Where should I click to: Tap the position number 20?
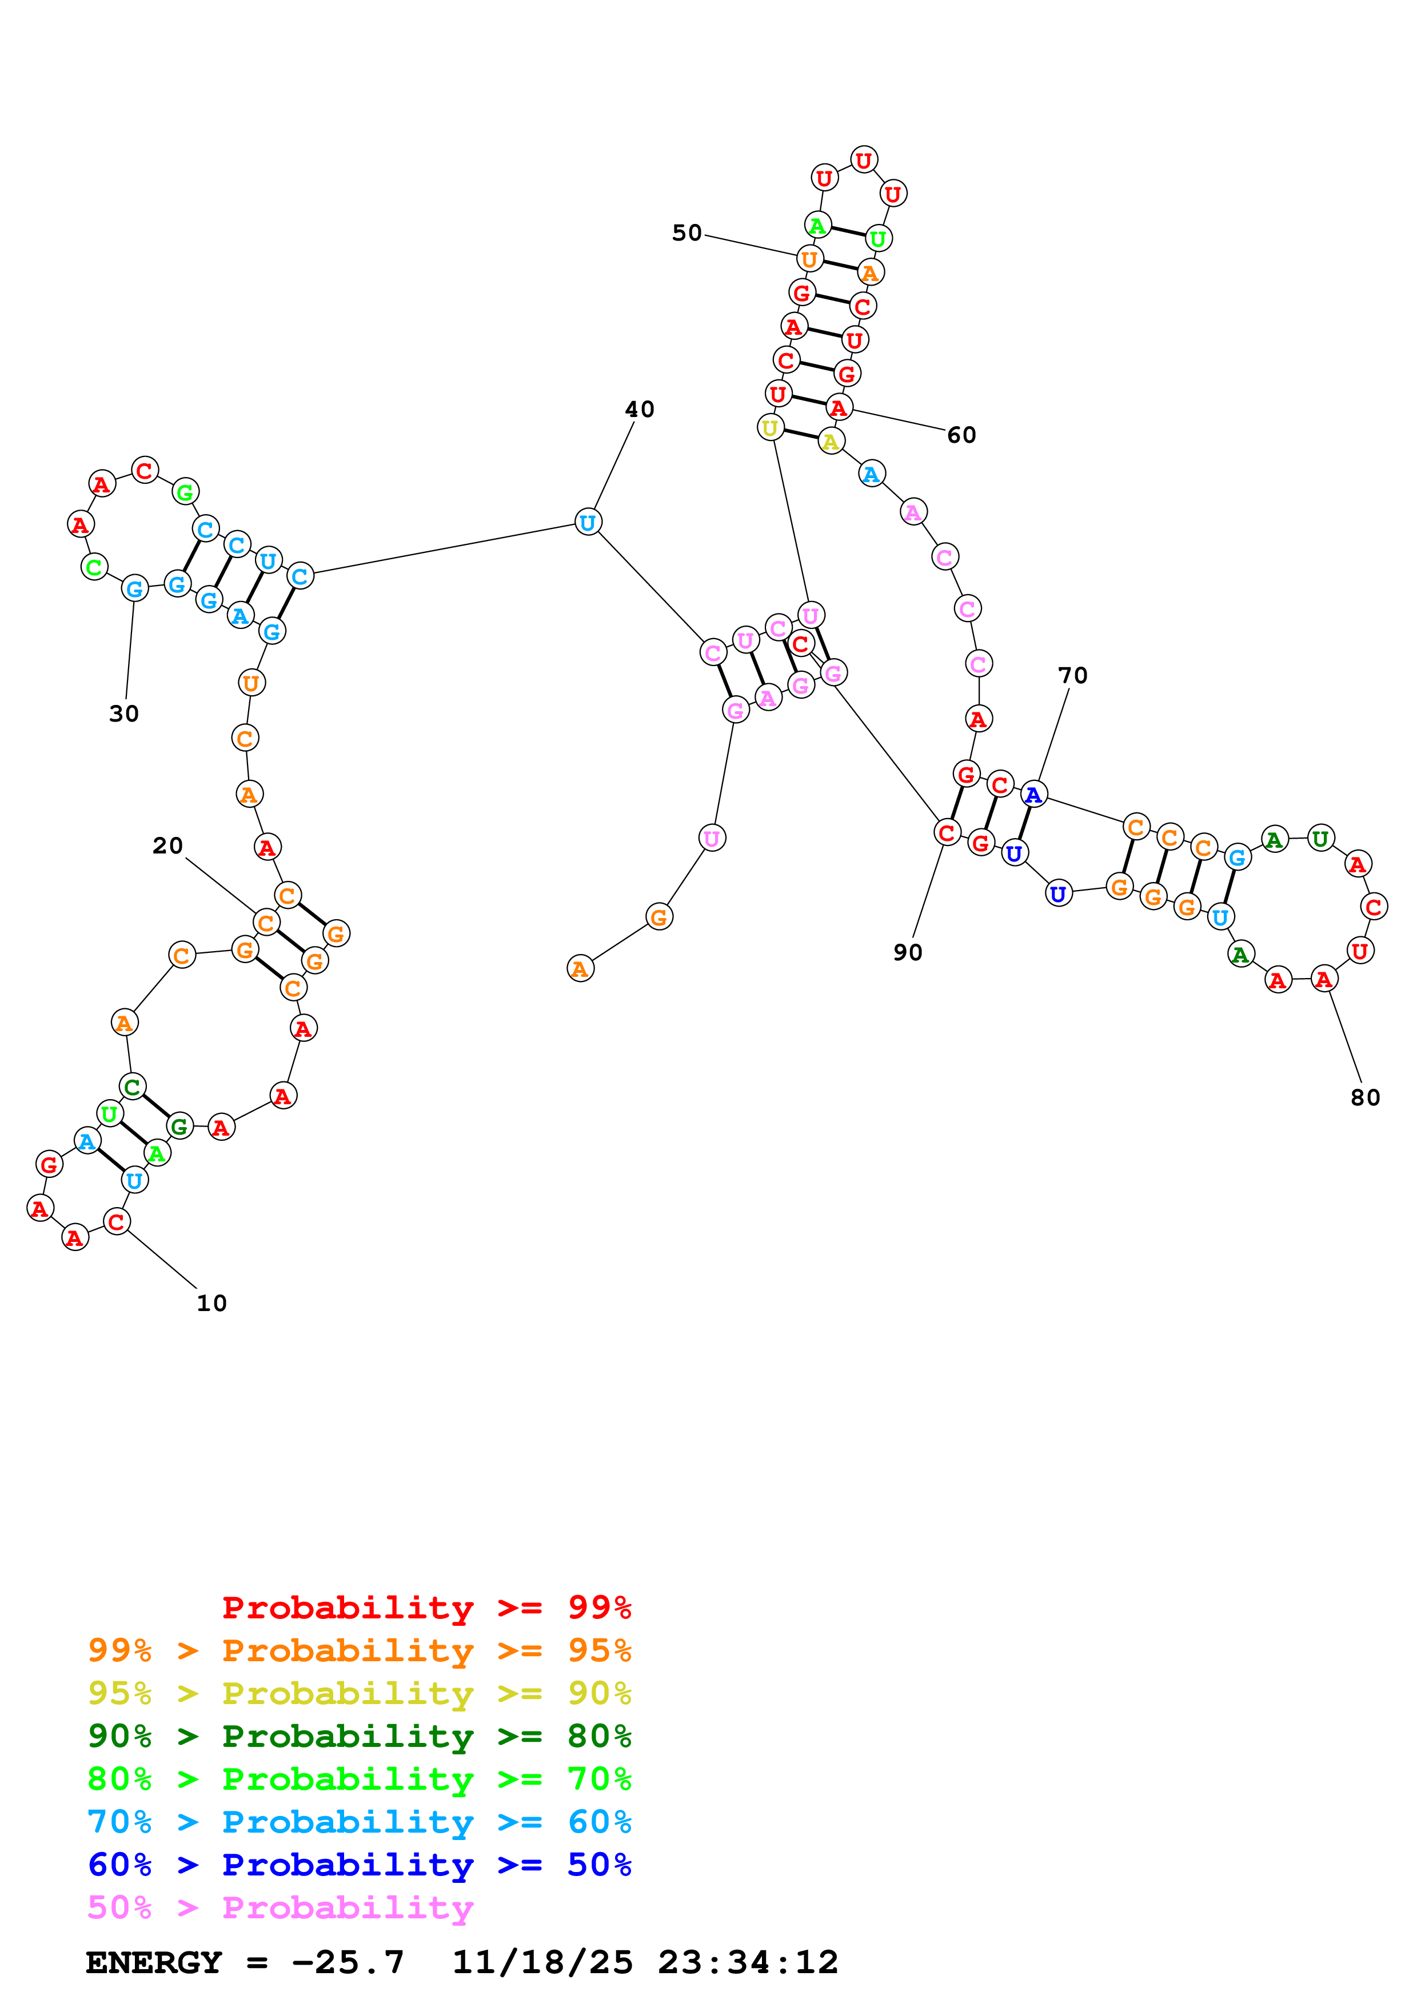click(167, 846)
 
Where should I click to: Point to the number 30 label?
click(124, 714)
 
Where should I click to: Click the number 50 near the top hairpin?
click(687, 233)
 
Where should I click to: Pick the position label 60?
click(961, 435)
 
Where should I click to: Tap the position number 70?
click(1072, 676)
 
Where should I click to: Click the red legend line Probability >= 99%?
click(426, 1608)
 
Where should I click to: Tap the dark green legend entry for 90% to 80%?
click(359, 1736)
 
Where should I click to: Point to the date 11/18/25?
click(542, 1962)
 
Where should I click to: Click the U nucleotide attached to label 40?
click(588, 522)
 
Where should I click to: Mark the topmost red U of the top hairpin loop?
click(864, 160)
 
